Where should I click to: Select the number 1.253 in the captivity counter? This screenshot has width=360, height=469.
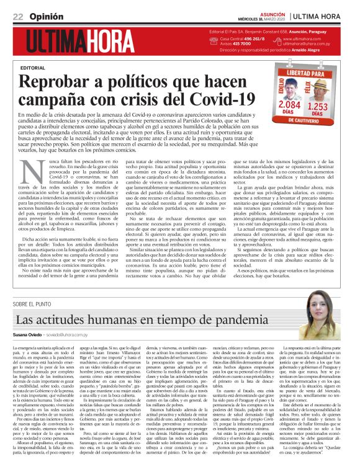(333, 108)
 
